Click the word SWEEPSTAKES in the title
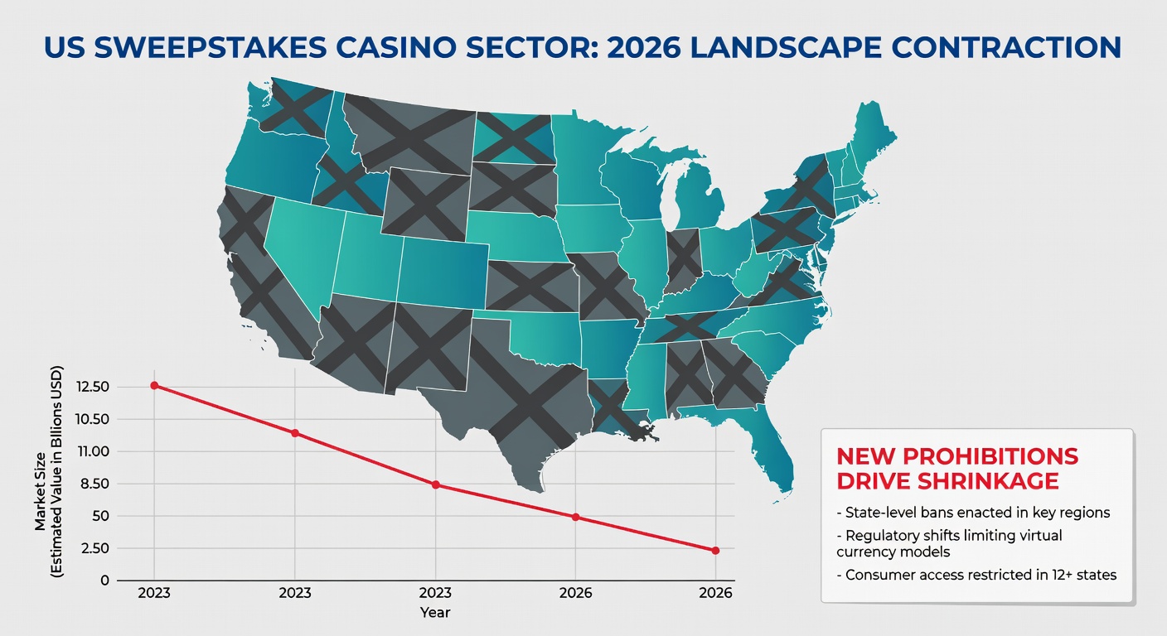point(211,47)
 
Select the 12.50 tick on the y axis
point(93,387)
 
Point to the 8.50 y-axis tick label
point(95,484)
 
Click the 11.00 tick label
point(94,451)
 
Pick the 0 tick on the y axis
point(105,581)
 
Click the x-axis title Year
point(435,613)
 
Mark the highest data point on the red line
point(154,386)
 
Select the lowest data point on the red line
point(715,551)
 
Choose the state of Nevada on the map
point(299,250)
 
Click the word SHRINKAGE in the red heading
point(988,481)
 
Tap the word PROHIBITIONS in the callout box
point(990,456)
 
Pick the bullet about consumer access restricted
point(976,575)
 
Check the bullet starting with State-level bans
point(973,513)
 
